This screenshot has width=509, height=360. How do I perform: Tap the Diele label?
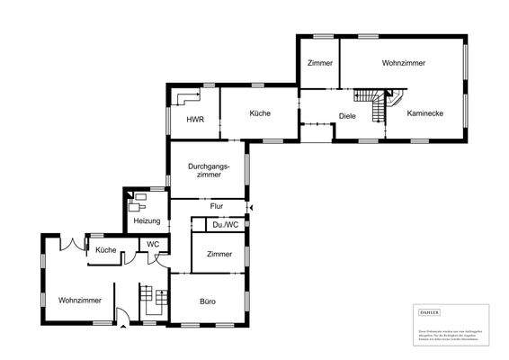pos(348,115)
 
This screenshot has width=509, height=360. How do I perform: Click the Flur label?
pos(216,206)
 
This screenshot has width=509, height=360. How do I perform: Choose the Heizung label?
pos(147,220)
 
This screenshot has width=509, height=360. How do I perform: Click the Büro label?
pos(207,301)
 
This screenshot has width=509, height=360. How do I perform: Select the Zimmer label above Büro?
pos(219,255)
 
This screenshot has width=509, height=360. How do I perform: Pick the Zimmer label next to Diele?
pos(319,63)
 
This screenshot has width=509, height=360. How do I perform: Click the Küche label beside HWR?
pos(260,113)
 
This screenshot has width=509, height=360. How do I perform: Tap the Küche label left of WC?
pos(106,249)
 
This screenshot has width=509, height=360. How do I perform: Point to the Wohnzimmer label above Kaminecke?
pos(403,63)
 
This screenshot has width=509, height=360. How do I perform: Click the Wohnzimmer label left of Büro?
pos(79,301)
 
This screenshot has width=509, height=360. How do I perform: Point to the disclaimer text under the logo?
pos(447,334)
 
